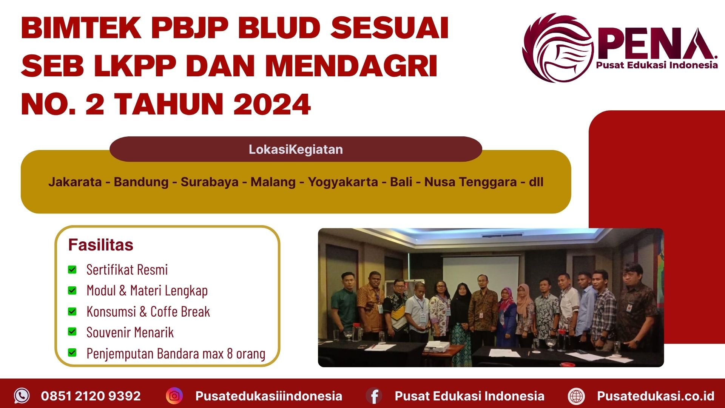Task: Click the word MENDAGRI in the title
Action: click(x=351, y=66)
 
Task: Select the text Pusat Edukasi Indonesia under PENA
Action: click(x=657, y=65)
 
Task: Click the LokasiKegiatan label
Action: click(x=296, y=150)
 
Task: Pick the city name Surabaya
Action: click(x=209, y=182)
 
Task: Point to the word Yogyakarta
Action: click(x=342, y=182)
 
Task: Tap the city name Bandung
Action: click(x=141, y=182)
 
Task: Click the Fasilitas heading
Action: click(x=100, y=245)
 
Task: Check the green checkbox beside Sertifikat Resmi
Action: click(x=72, y=270)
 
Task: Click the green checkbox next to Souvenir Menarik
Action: click(x=72, y=332)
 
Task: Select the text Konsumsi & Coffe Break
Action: click(x=148, y=312)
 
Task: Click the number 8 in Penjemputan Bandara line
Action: click(x=230, y=354)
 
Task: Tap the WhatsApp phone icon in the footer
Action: click(x=22, y=396)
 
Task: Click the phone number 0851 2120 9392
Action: click(x=91, y=396)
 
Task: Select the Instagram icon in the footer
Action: click(x=174, y=396)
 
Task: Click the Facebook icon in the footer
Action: click(x=374, y=396)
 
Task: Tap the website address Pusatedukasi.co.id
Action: click(x=656, y=396)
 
